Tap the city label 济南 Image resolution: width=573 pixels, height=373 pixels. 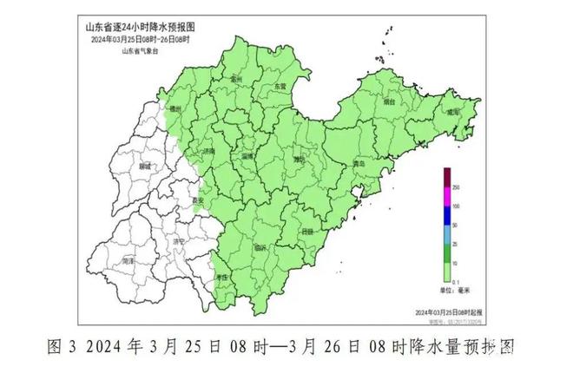click(x=208, y=152)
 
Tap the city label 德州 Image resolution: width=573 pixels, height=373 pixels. click(x=177, y=110)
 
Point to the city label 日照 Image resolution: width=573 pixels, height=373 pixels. click(x=307, y=232)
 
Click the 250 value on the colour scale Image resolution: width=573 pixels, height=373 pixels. click(x=456, y=187)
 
